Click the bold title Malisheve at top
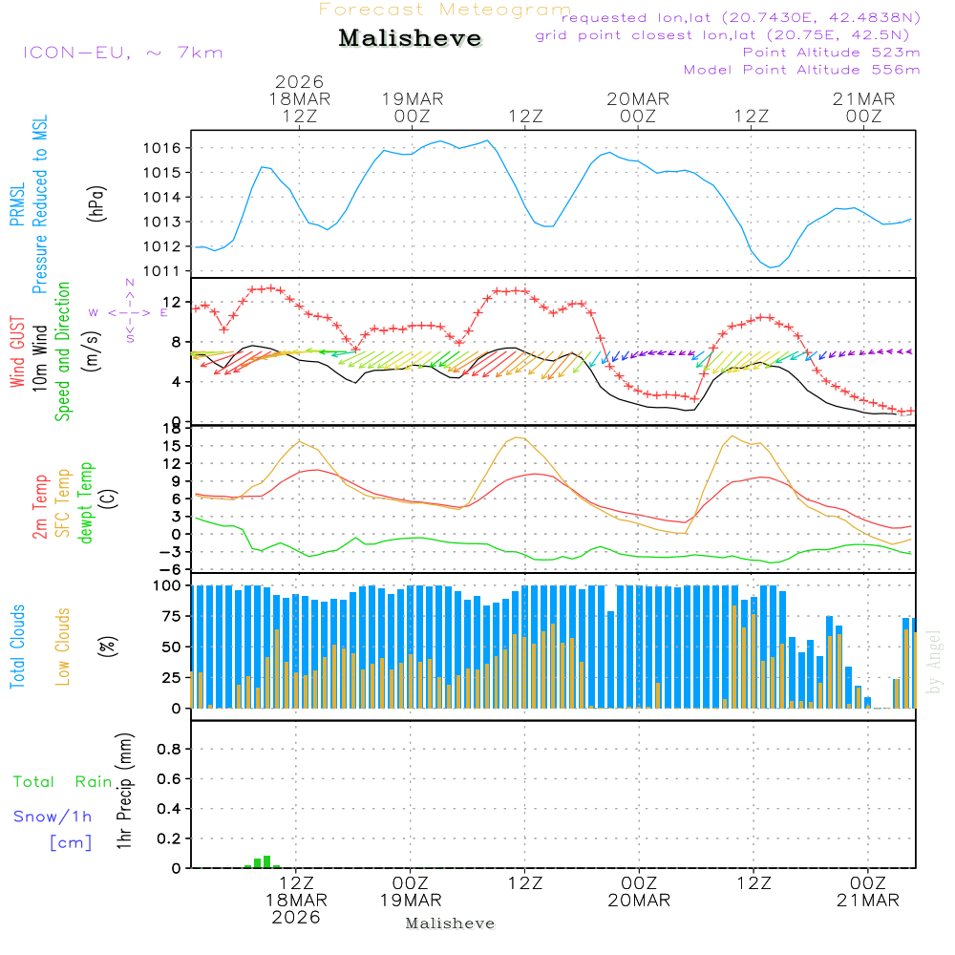[x=410, y=38]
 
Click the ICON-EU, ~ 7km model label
[x=122, y=53]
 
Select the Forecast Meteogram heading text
[x=445, y=10]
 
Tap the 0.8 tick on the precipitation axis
[x=169, y=750]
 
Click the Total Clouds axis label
[x=18, y=647]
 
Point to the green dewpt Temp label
[x=86, y=503]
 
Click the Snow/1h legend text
[x=53, y=817]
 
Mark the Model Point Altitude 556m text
[x=801, y=70]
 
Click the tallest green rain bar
[x=267, y=861]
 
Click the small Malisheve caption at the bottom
[x=450, y=923]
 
